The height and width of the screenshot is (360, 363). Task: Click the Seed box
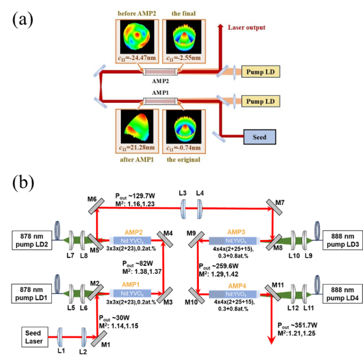pos(259,136)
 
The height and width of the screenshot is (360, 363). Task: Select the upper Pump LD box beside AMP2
pos(259,72)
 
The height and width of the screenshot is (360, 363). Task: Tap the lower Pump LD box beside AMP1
pos(259,101)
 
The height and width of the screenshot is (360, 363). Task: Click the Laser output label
pos(246,27)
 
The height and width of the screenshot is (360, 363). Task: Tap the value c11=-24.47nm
pos(135,58)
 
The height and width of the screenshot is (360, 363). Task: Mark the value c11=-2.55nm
pos(183,58)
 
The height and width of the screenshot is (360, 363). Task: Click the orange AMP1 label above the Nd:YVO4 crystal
pos(129,285)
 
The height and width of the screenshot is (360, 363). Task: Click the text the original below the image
pos(183,159)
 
